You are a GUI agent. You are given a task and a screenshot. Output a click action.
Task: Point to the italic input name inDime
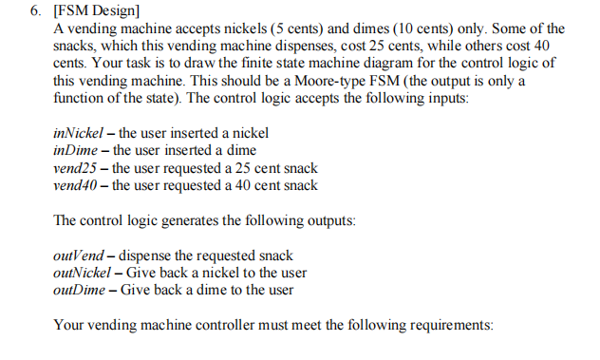pos(76,151)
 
